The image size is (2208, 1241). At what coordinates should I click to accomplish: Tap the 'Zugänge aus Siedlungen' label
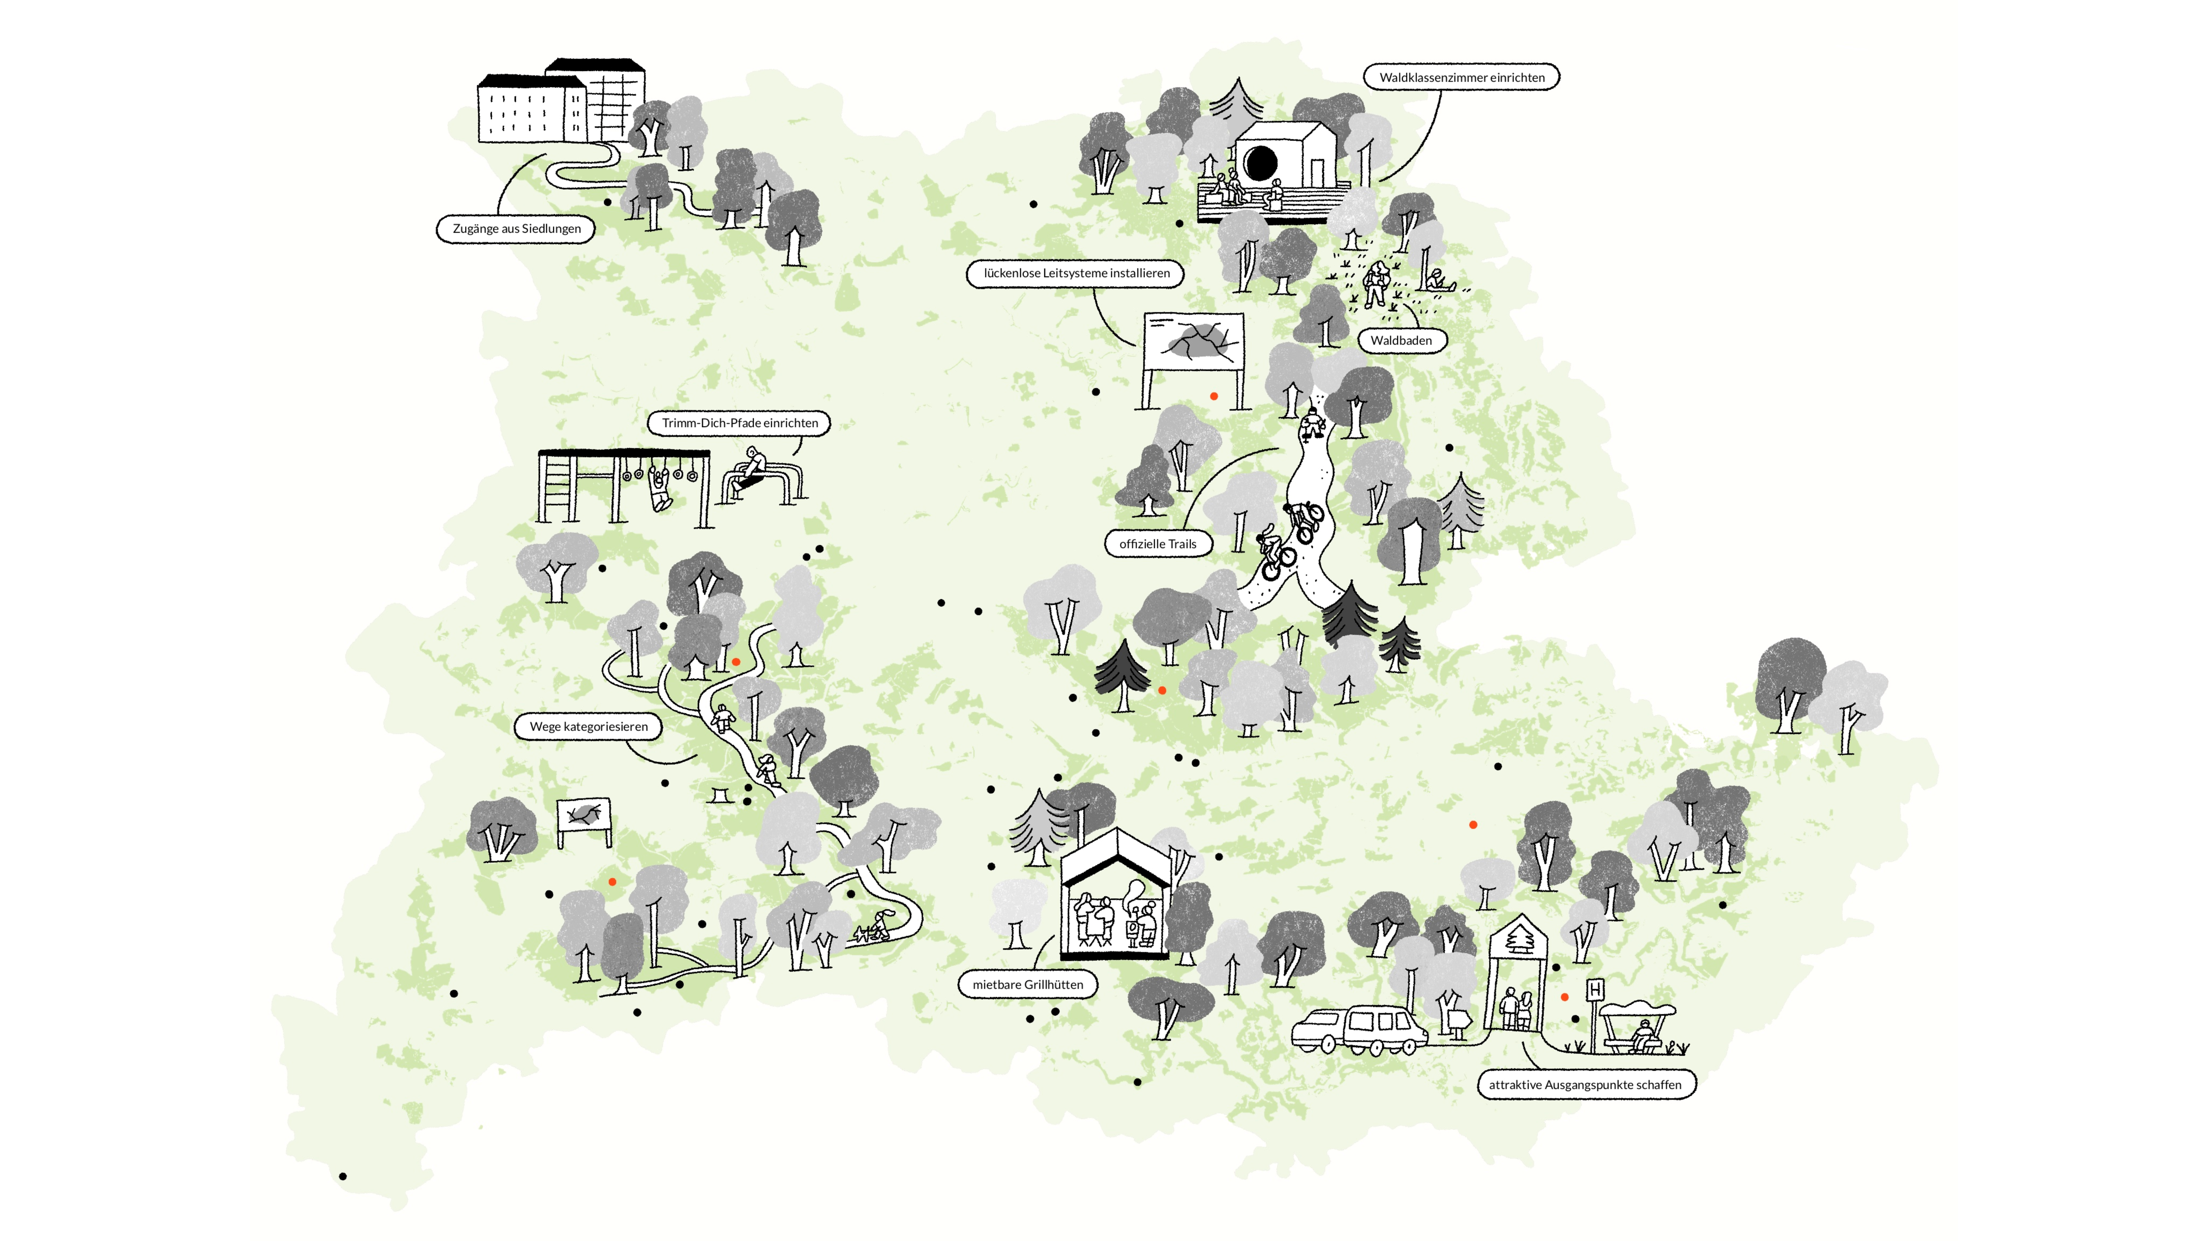516,229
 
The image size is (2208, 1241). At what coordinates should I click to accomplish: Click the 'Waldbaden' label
1401,340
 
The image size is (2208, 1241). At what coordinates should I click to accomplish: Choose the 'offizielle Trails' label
1157,544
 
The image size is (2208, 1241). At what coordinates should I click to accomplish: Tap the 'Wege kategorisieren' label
588,727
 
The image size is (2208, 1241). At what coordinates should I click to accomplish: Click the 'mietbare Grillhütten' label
1027,985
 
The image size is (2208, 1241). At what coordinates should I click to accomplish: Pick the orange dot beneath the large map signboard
1214,396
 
